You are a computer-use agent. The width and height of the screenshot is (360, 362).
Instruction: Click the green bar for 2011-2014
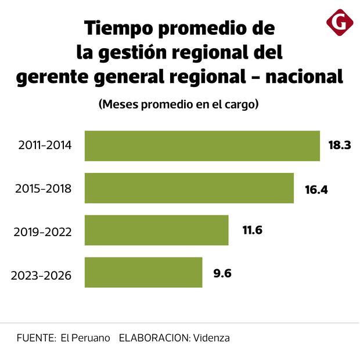(x=202, y=146)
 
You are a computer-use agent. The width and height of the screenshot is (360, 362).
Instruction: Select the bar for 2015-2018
(x=189, y=188)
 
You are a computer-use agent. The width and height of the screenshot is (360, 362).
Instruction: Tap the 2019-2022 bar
(x=157, y=230)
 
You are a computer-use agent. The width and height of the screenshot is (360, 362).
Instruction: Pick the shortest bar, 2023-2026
(x=143, y=273)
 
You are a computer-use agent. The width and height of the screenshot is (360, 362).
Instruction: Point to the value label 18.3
(x=340, y=146)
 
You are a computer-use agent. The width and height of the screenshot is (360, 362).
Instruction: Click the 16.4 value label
(x=316, y=189)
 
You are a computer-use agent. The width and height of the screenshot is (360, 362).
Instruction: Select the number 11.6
(x=253, y=230)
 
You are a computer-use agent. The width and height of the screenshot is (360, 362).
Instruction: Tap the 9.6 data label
(x=222, y=273)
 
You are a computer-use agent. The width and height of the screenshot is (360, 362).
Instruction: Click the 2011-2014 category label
(x=45, y=146)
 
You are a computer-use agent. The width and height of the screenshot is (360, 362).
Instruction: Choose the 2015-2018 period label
(x=44, y=189)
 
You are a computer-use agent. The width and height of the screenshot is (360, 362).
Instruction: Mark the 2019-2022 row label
(x=42, y=232)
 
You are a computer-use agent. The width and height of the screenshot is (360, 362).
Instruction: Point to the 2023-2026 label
(x=41, y=275)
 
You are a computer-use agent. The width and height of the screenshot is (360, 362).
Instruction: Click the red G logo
(x=340, y=23)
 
